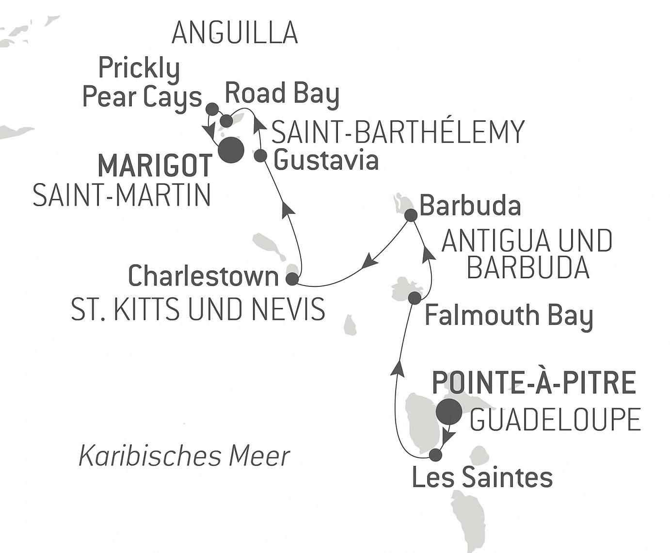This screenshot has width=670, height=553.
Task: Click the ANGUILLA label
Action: tap(235, 33)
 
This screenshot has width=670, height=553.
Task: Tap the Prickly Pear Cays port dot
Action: tap(212, 109)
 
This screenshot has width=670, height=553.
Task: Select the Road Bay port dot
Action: tap(226, 121)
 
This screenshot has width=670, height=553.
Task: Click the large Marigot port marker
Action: tap(231, 150)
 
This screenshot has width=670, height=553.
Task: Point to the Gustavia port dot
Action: tap(261, 156)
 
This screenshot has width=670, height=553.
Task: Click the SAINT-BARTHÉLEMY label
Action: tap(398, 131)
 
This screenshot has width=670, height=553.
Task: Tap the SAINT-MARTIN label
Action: tap(122, 196)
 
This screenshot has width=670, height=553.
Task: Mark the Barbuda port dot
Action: tap(411, 216)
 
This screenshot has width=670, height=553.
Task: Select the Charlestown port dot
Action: tap(292, 279)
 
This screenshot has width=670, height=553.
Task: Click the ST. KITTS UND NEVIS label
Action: tap(198, 309)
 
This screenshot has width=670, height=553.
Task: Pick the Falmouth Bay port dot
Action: tap(415, 298)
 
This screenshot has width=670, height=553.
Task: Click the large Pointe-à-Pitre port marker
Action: tap(449, 411)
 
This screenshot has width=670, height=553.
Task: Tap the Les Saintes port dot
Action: tap(436, 455)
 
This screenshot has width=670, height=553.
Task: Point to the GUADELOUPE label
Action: tap(555, 419)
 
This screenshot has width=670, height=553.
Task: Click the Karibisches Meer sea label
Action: tap(184, 456)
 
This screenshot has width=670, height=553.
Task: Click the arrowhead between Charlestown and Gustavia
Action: tap(288, 208)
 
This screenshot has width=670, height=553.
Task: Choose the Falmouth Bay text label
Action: tap(509, 316)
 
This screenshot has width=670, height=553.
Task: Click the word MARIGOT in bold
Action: tap(155, 166)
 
